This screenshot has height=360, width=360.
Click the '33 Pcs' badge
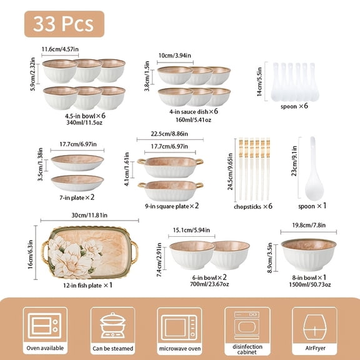tap(64, 24)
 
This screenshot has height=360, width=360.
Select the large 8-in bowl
tap(304, 254)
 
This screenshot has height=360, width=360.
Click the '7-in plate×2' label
tap(77, 197)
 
